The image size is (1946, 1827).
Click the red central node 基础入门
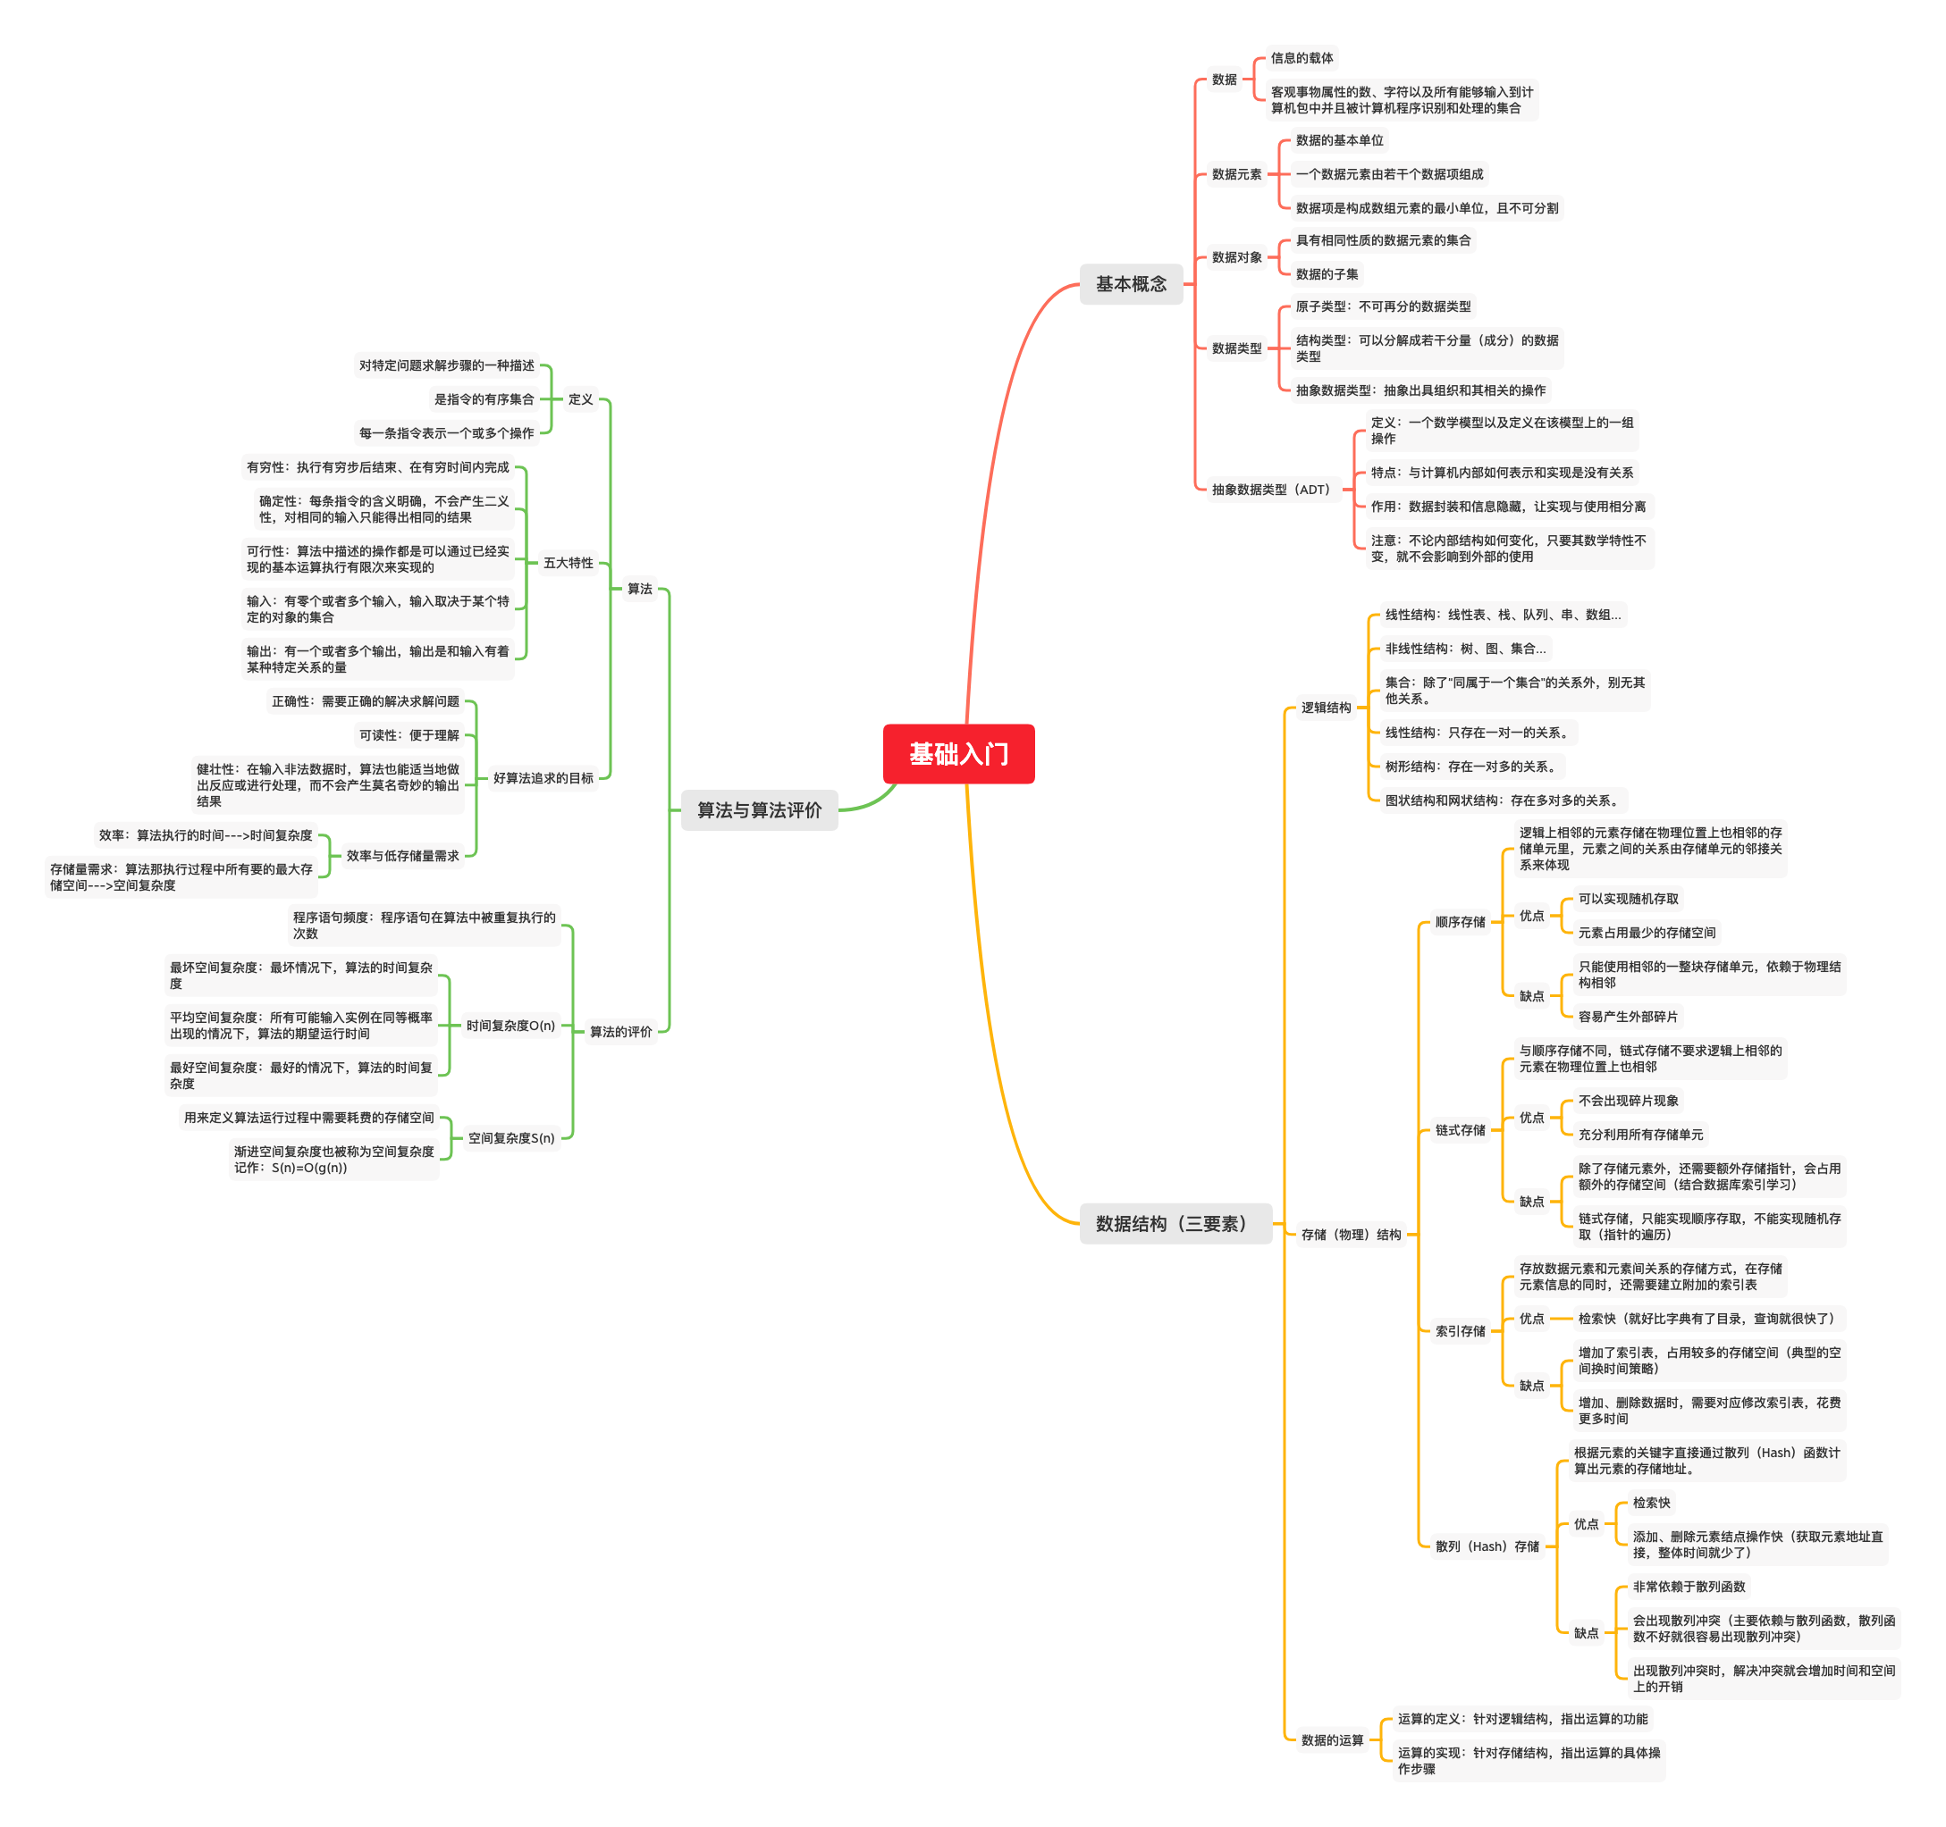click(957, 753)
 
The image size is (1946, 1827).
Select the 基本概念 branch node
click(1131, 284)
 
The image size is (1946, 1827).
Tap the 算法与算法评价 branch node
click(759, 810)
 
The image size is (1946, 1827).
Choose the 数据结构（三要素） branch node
click(1174, 1223)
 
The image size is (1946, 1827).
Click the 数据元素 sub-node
click(1236, 174)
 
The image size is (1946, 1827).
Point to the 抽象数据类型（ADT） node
click(1269, 490)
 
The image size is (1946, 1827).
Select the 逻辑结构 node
click(1326, 708)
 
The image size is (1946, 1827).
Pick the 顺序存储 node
click(1460, 922)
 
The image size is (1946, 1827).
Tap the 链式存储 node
click(1460, 1130)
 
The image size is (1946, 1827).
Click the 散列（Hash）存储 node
click(1487, 1546)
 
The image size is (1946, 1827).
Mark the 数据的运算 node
click(1331, 1740)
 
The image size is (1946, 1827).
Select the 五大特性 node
click(568, 563)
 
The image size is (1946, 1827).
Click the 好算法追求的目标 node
click(543, 778)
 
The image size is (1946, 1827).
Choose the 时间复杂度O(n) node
click(510, 1026)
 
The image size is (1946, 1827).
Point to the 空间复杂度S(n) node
click(511, 1138)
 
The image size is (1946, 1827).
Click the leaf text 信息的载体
click(1301, 58)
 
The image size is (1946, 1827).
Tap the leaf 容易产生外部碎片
click(1627, 1017)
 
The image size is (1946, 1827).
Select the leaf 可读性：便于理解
click(409, 735)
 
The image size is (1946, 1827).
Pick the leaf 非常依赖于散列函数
click(1689, 1587)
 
